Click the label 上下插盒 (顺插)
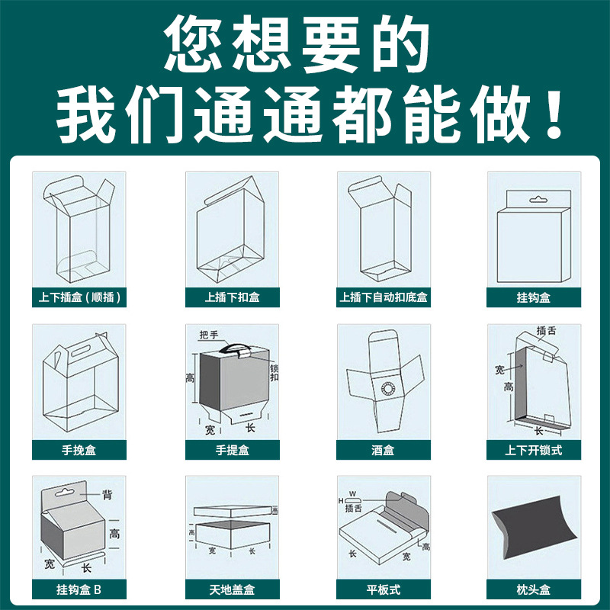click(x=79, y=297)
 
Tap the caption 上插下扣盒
click(x=232, y=297)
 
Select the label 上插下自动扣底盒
click(x=384, y=297)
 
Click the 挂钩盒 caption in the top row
click(x=534, y=297)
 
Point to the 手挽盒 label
click(x=79, y=450)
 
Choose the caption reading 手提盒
click(x=232, y=450)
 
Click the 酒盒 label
click(x=384, y=450)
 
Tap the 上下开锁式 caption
click(x=534, y=450)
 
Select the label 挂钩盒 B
click(x=79, y=589)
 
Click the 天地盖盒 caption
click(x=232, y=589)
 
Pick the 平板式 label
click(x=384, y=589)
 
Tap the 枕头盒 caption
click(x=534, y=589)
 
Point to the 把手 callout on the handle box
click(x=208, y=335)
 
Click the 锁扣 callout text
click(x=274, y=373)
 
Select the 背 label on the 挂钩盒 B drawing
click(x=108, y=495)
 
